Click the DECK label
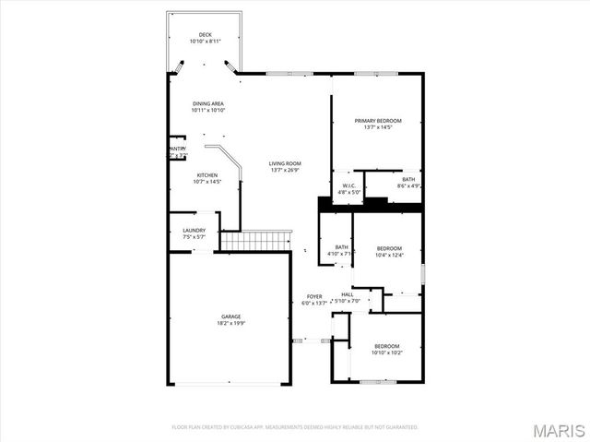(205, 35)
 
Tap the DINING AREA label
(208, 103)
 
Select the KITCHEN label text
(206, 175)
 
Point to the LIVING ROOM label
(285, 163)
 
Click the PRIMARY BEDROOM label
(378, 121)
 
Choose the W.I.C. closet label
(349, 186)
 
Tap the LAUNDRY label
(194, 230)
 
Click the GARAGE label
(230, 317)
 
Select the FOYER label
(313, 296)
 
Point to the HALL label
(348, 294)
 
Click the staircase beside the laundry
(254, 242)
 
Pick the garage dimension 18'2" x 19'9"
(230, 323)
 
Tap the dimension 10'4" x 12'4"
(389, 255)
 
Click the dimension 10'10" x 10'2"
(386, 352)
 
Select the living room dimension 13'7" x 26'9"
(285, 170)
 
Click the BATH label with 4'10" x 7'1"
(341, 247)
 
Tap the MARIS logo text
(559, 429)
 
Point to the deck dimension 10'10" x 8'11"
(205, 42)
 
